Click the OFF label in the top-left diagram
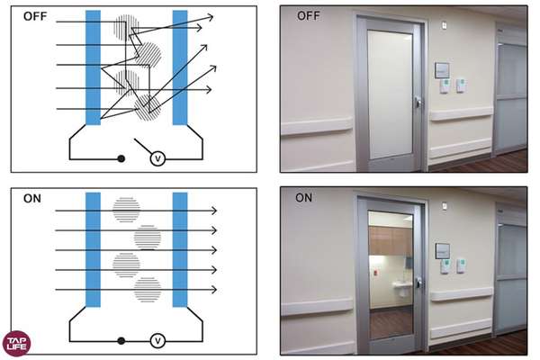click(x=35, y=16)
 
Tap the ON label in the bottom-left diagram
click(x=32, y=198)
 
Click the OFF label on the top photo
click(x=308, y=16)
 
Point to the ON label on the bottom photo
click(x=303, y=198)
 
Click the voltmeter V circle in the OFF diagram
click(x=158, y=158)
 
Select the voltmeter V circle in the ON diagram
click(x=158, y=341)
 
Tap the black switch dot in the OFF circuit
click(x=121, y=158)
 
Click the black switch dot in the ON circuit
click(x=121, y=341)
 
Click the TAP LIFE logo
click(x=16, y=343)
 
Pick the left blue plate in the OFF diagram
click(x=93, y=67)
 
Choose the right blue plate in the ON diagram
click(x=180, y=250)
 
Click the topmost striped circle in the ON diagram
click(x=126, y=210)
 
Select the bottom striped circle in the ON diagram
click(x=148, y=290)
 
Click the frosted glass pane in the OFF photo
click(x=390, y=94)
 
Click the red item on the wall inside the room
click(x=375, y=274)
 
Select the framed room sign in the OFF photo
click(x=442, y=70)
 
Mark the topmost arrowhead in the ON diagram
click(x=214, y=210)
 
